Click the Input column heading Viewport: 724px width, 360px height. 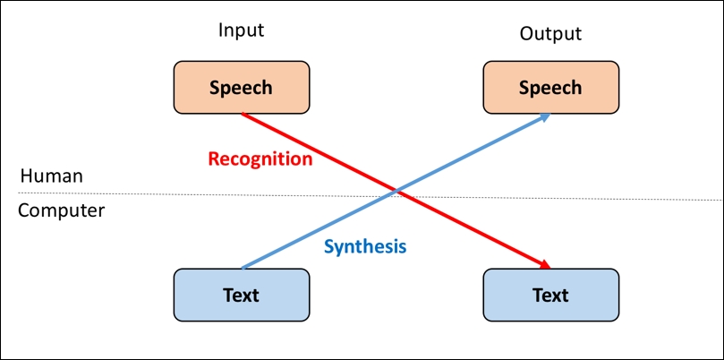pyautogui.click(x=241, y=31)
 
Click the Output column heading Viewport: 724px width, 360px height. pyautogui.click(x=551, y=33)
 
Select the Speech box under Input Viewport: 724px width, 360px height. pyautogui.click(x=242, y=88)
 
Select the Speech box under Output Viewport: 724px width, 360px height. pyautogui.click(x=551, y=88)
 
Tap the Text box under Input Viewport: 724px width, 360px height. pyautogui.click(x=242, y=295)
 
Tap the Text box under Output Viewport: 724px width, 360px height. pyautogui.click(x=551, y=295)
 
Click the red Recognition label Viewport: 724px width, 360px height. pyautogui.click(x=260, y=159)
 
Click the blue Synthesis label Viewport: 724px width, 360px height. pyautogui.click(x=365, y=247)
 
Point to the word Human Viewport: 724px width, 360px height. pyautogui.click(x=52, y=176)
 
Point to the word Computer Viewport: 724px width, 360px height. pyautogui.click(x=62, y=211)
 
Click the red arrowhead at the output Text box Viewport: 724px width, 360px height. pyautogui.click(x=545, y=265)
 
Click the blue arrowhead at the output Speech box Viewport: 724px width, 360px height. pyautogui.click(x=545, y=117)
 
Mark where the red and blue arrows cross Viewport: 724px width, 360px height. pyautogui.click(x=396, y=191)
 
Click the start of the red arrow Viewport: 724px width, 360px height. pyautogui.click(x=242, y=114)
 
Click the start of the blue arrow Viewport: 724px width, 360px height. pyautogui.click(x=242, y=268)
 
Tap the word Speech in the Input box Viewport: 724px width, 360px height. pyautogui.click(x=241, y=89)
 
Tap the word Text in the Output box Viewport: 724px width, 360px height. pyautogui.click(x=550, y=295)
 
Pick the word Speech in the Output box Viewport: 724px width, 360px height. pyautogui.click(x=550, y=89)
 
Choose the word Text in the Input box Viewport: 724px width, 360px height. pyautogui.click(x=241, y=295)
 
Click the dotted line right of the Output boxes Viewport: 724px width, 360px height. pyautogui.click(x=671, y=199)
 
